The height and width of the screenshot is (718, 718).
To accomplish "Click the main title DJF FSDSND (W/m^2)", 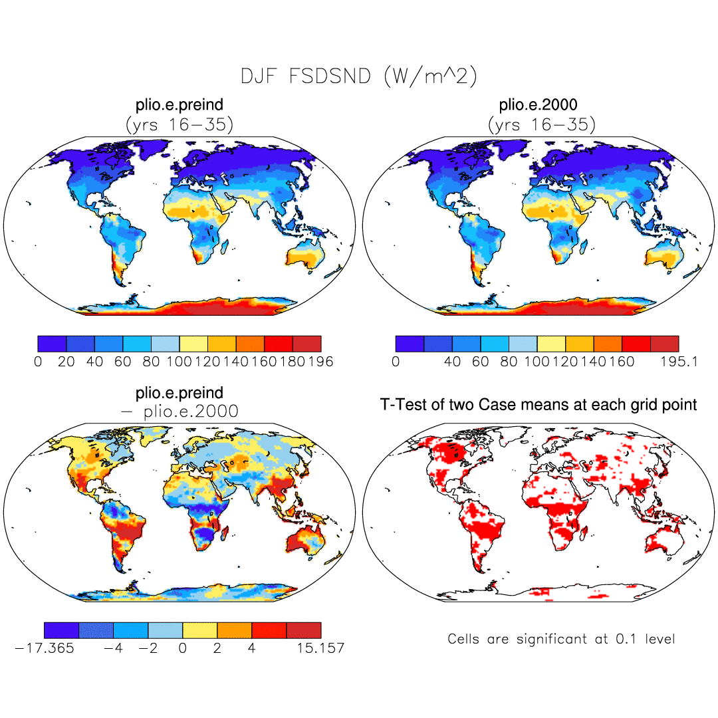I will [x=358, y=76].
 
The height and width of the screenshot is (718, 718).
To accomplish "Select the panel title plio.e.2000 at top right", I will [x=538, y=105].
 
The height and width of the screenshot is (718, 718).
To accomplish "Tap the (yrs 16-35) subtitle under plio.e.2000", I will [x=541, y=124].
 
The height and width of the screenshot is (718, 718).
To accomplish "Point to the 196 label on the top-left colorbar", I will [x=320, y=362].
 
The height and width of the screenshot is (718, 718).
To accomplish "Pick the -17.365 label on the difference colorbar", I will [x=45, y=648].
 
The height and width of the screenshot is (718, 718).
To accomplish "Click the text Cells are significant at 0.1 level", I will [x=561, y=639].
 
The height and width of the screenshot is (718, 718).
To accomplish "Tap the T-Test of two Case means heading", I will [x=538, y=404].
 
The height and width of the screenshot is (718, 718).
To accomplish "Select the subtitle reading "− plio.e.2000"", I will [x=179, y=412].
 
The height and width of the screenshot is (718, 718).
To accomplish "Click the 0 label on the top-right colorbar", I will [x=396, y=362].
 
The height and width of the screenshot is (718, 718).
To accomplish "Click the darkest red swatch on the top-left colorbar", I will [x=307, y=344].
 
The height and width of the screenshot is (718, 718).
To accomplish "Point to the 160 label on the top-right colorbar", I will [x=622, y=362].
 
